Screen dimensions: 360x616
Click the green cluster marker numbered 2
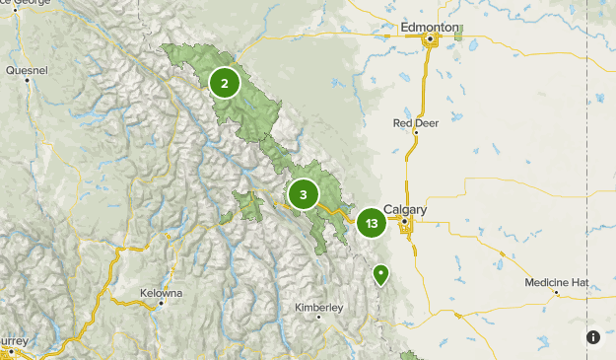(225, 83)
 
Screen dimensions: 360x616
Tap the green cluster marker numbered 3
(304, 195)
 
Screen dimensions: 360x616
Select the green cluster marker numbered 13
(371, 224)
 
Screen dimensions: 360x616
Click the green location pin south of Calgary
(380, 274)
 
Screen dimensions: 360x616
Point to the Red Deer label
(415, 123)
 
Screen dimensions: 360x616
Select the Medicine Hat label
(556, 282)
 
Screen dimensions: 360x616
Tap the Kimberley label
(318, 308)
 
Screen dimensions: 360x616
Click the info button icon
(593, 337)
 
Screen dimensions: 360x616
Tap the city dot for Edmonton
(431, 40)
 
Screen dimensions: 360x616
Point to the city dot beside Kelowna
(161, 304)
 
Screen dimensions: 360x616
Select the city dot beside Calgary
(402, 222)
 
